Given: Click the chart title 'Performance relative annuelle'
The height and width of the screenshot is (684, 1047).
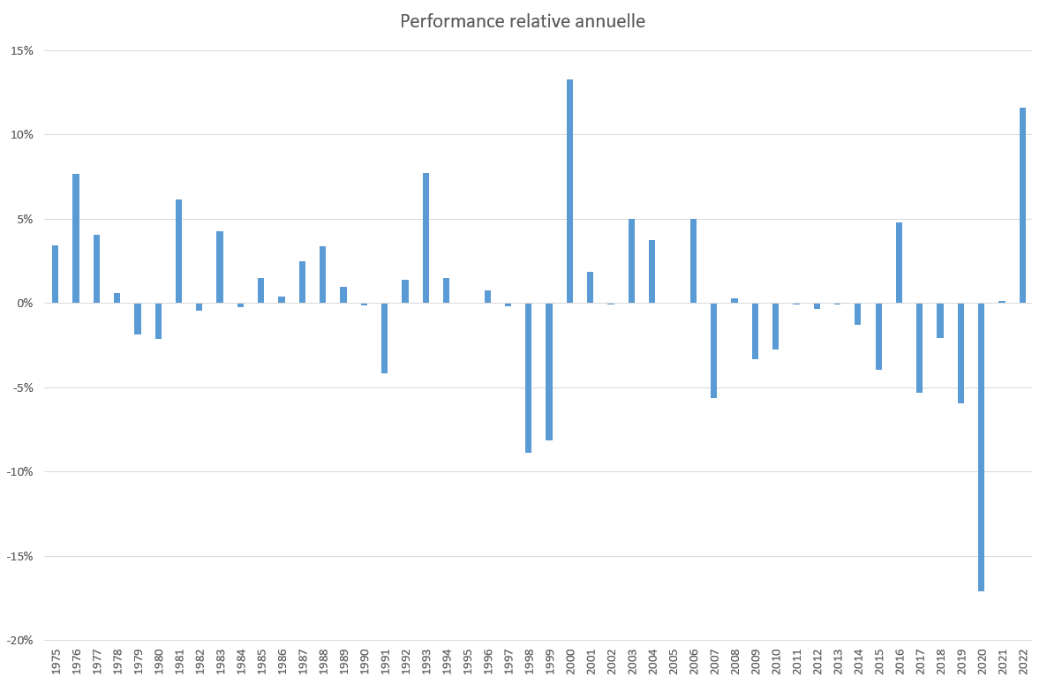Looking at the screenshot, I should coord(523,21).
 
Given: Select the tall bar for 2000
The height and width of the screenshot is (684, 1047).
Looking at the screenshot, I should coord(569,191).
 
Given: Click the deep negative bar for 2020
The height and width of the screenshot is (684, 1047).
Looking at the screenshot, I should coord(981,447).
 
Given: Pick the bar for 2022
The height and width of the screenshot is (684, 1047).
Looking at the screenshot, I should coord(1022,205).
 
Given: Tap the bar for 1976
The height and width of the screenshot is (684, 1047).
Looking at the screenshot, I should coord(76,238).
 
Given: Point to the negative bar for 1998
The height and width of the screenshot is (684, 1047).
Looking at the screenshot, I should coord(529,378).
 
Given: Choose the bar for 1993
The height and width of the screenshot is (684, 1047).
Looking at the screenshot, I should coord(426,237).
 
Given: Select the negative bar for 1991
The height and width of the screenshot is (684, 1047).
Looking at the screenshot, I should coord(385,338).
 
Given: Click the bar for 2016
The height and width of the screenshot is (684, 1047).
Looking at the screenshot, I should coord(899,262).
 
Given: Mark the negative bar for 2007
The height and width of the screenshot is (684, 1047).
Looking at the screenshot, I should coord(713,350).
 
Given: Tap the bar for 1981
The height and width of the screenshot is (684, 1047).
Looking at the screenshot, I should coord(178,251).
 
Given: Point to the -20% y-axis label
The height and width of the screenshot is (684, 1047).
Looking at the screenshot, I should coord(20,640).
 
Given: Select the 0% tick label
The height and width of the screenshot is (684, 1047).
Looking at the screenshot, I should coord(26,303).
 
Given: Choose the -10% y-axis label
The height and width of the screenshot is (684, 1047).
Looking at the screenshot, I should coord(20,471).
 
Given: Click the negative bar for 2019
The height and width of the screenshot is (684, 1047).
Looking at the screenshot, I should coord(960,353).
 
